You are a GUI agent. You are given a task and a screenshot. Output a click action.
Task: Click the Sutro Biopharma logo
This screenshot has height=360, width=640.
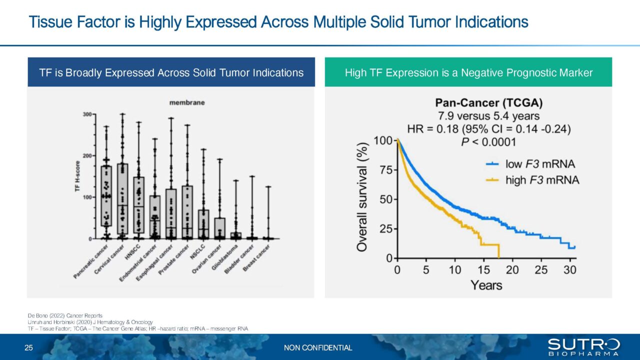click(583, 347)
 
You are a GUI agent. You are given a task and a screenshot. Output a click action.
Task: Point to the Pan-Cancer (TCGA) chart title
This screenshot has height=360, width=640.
click(488, 103)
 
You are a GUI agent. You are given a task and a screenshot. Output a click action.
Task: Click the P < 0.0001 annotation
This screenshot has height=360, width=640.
click(489, 141)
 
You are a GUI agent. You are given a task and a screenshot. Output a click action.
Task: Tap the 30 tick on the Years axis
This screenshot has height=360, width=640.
click(570, 270)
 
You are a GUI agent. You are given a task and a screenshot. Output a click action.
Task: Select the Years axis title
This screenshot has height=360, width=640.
click(486, 285)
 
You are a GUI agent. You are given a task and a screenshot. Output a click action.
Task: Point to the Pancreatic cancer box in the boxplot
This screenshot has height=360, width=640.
click(106, 196)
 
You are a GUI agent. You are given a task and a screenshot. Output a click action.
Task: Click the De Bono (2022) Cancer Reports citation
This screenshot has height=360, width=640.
click(65, 315)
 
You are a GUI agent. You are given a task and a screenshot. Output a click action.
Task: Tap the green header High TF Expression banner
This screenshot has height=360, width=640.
click(468, 72)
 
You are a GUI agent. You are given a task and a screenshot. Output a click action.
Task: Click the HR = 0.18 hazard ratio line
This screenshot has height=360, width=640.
click(488, 129)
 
